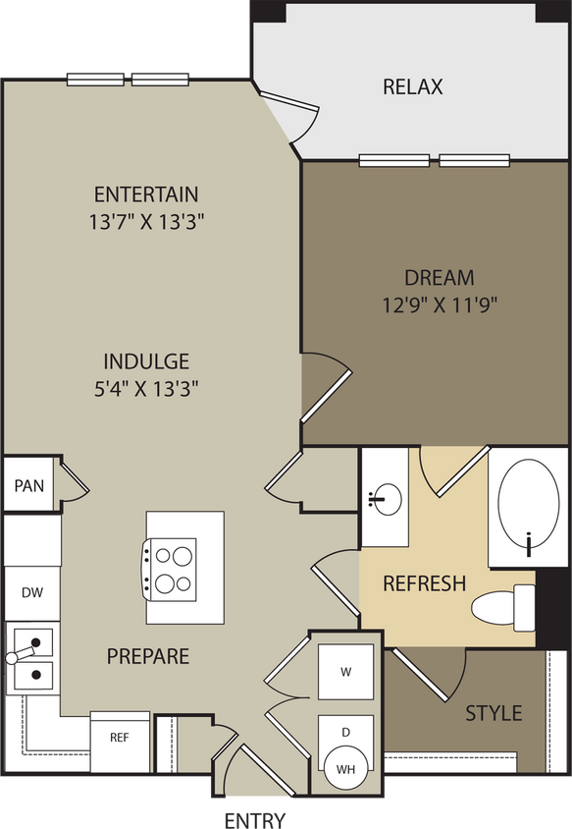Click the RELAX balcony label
coord(412,86)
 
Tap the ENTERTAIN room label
coord(146,193)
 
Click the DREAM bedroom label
coord(439,278)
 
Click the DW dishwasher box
coord(30,592)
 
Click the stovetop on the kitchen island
coord(172,570)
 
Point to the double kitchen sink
coord(31,661)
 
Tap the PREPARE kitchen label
coord(147,656)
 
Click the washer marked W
coord(346,672)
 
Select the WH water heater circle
coord(346,769)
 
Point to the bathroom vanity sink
coord(388,499)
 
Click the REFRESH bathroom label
coord(424,583)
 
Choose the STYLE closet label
coord(494,712)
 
